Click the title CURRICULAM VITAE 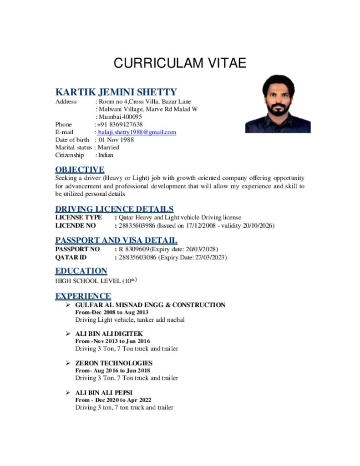[x=180, y=63]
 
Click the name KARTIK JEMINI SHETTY [x=116, y=92]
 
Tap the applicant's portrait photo [x=278, y=104]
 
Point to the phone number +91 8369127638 [x=119, y=124]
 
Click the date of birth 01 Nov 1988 [x=116, y=140]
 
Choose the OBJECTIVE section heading [x=80, y=170]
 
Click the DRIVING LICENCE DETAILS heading [x=114, y=209]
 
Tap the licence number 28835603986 [x=137, y=225]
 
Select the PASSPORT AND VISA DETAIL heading [x=116, y=240]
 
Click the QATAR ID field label [x=71, y=258]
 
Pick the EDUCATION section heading [x=81, y=271]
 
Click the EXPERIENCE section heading [x=83, y=296]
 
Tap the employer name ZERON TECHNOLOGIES [x=113, y=363]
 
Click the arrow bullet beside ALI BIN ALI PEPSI [x=67, y=392]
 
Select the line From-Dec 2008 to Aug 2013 [x=112, y=312]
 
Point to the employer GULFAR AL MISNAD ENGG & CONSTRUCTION [x=150, y=305]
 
